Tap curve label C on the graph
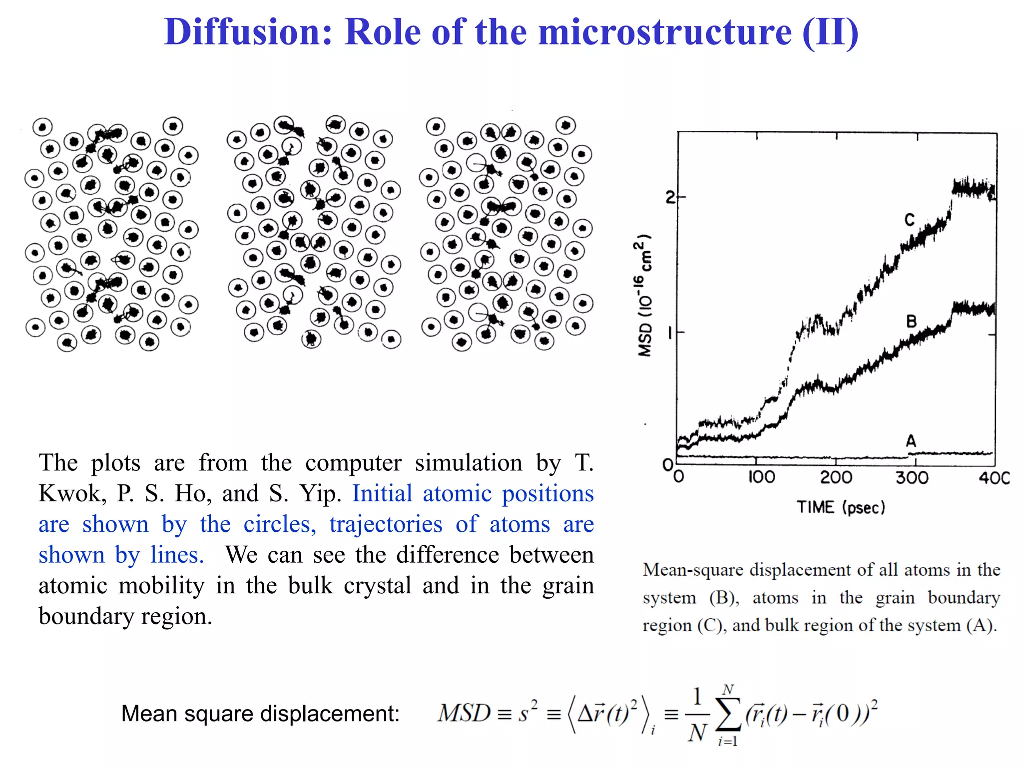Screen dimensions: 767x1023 909,220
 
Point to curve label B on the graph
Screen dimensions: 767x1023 911,321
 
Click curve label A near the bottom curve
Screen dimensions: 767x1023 911,441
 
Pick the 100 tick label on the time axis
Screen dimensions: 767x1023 761,477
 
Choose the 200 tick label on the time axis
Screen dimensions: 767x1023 836,477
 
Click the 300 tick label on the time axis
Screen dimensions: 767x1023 912,477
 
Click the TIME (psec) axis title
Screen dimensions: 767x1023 841,507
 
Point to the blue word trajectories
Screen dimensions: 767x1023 386,524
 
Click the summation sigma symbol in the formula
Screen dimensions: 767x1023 728,715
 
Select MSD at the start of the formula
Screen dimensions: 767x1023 464,713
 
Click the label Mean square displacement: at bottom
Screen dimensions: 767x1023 260,714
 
